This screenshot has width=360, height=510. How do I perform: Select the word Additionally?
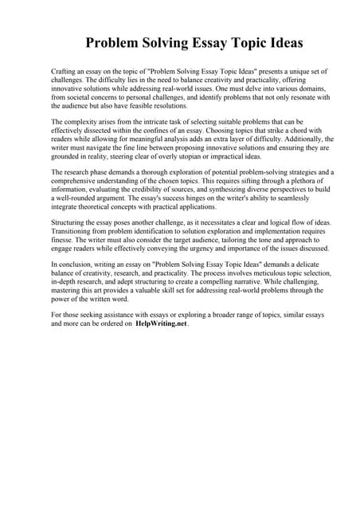(x=280, y=139)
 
